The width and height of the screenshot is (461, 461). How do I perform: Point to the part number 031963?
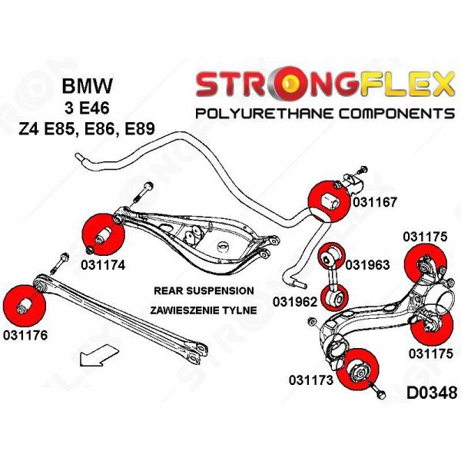click(x=368, y=266)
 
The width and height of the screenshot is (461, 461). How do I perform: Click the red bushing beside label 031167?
click(x=327, y=199)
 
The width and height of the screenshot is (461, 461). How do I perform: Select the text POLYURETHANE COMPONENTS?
click(x=325, y=114)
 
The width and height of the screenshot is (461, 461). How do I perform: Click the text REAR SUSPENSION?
click(x=203, y=291)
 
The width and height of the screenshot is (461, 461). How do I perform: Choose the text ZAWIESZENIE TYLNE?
click(x=203, y=310)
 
